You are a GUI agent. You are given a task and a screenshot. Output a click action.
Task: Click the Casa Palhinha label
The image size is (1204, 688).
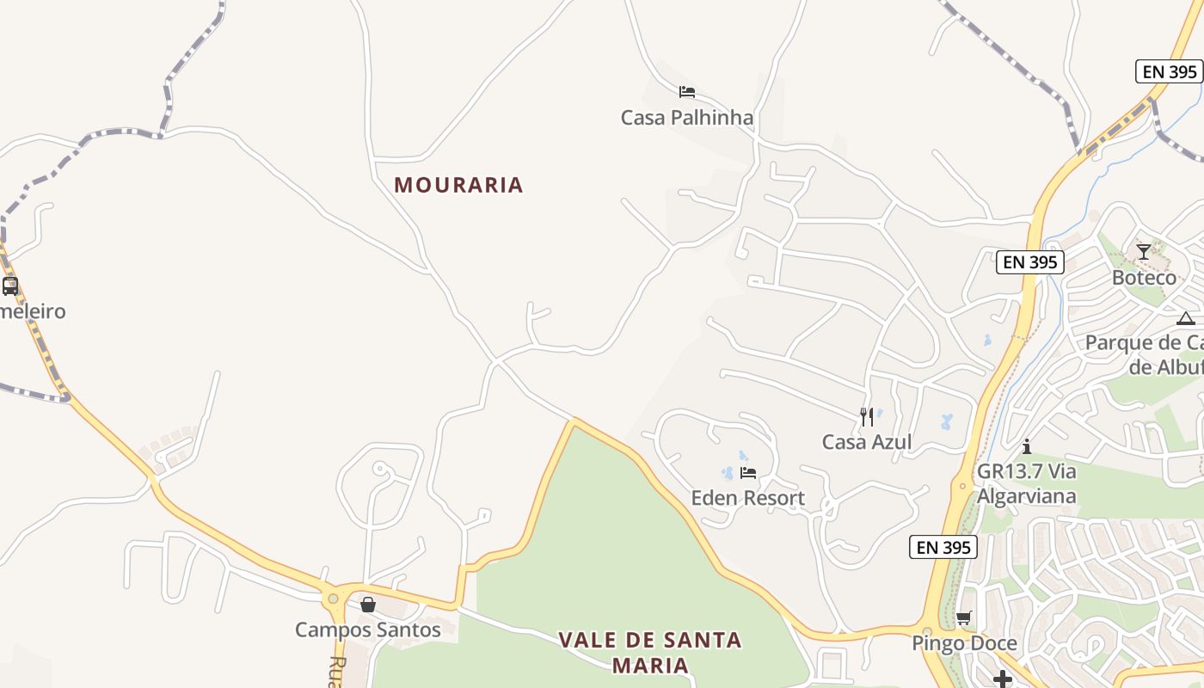[x=686, y=118]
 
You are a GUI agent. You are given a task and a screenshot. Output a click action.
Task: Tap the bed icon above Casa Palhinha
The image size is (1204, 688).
[x=686, y=92]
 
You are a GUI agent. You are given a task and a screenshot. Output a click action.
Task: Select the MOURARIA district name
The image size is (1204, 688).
[x=458, y=185]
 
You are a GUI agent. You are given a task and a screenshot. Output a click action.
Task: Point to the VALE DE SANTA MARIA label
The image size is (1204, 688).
[x=649, y=652]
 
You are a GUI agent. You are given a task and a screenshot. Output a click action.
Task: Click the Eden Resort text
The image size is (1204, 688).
[x=747, y=498]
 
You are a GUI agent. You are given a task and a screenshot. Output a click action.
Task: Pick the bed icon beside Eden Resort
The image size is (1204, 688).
[x=748, y=473]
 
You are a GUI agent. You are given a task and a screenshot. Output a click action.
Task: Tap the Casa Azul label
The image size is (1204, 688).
[x=866, y=442]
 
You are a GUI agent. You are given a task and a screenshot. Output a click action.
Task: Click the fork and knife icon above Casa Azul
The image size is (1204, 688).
[x=867, y=417]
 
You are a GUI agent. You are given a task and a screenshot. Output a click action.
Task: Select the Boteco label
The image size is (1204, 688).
[x=1144, y=278]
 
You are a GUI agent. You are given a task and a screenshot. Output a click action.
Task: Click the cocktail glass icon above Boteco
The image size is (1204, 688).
[x=1143, y=252]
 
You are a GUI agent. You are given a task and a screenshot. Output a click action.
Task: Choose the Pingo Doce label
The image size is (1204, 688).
[x=964, y=643]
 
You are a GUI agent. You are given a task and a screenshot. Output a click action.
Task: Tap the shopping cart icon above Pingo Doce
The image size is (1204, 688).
[x=964, y=618]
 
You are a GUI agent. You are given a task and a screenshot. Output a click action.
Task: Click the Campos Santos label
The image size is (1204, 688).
[x=367, y=630]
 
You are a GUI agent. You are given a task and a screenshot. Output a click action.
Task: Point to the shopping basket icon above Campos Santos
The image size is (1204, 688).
[x=368, y=605]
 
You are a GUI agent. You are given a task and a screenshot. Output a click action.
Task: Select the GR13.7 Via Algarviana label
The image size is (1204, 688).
[x=1026, y=484]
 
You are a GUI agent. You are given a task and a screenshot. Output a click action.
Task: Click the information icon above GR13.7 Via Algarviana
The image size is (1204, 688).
[x=1026, y=446]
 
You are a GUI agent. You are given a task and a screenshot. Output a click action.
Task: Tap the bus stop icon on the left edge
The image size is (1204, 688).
[x=10, y=286]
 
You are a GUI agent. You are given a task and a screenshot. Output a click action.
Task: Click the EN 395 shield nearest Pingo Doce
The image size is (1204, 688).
[x=943, y=547]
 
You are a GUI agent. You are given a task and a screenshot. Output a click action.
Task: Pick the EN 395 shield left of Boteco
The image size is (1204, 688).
[x=1029, y=262]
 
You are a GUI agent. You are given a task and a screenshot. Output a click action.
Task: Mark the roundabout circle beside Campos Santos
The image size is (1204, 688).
[x=333, y=599]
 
